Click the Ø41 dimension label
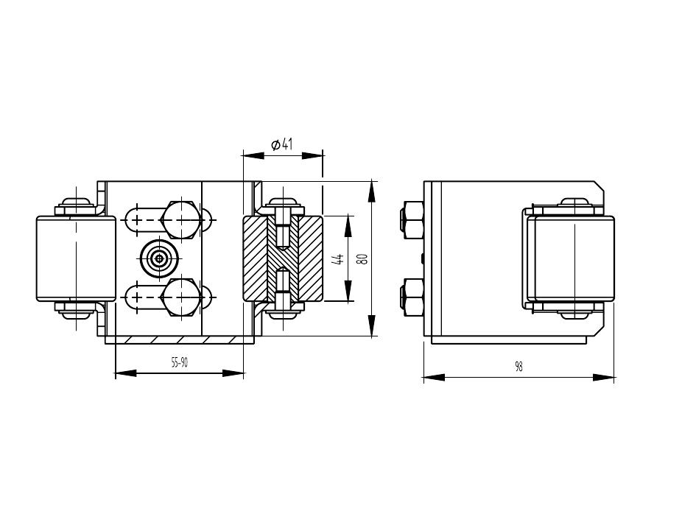(282, 144)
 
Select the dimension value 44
(339, 258)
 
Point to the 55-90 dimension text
(180, 363)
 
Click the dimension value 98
(519, 367)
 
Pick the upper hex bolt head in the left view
(179, 220)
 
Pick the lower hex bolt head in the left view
(179, 297)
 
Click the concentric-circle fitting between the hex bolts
(158, 258)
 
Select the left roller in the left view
(76, 258)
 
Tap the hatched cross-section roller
(283, 258)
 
